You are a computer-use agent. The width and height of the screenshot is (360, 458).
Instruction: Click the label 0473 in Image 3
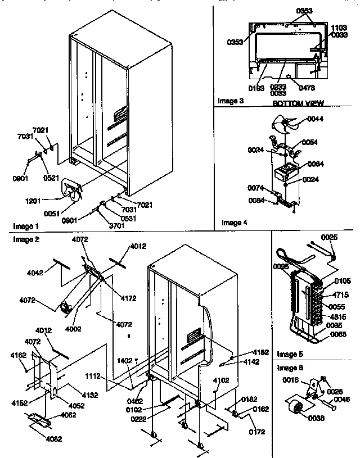point(307,88)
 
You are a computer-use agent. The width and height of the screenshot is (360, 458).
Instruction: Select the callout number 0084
point(258,200)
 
